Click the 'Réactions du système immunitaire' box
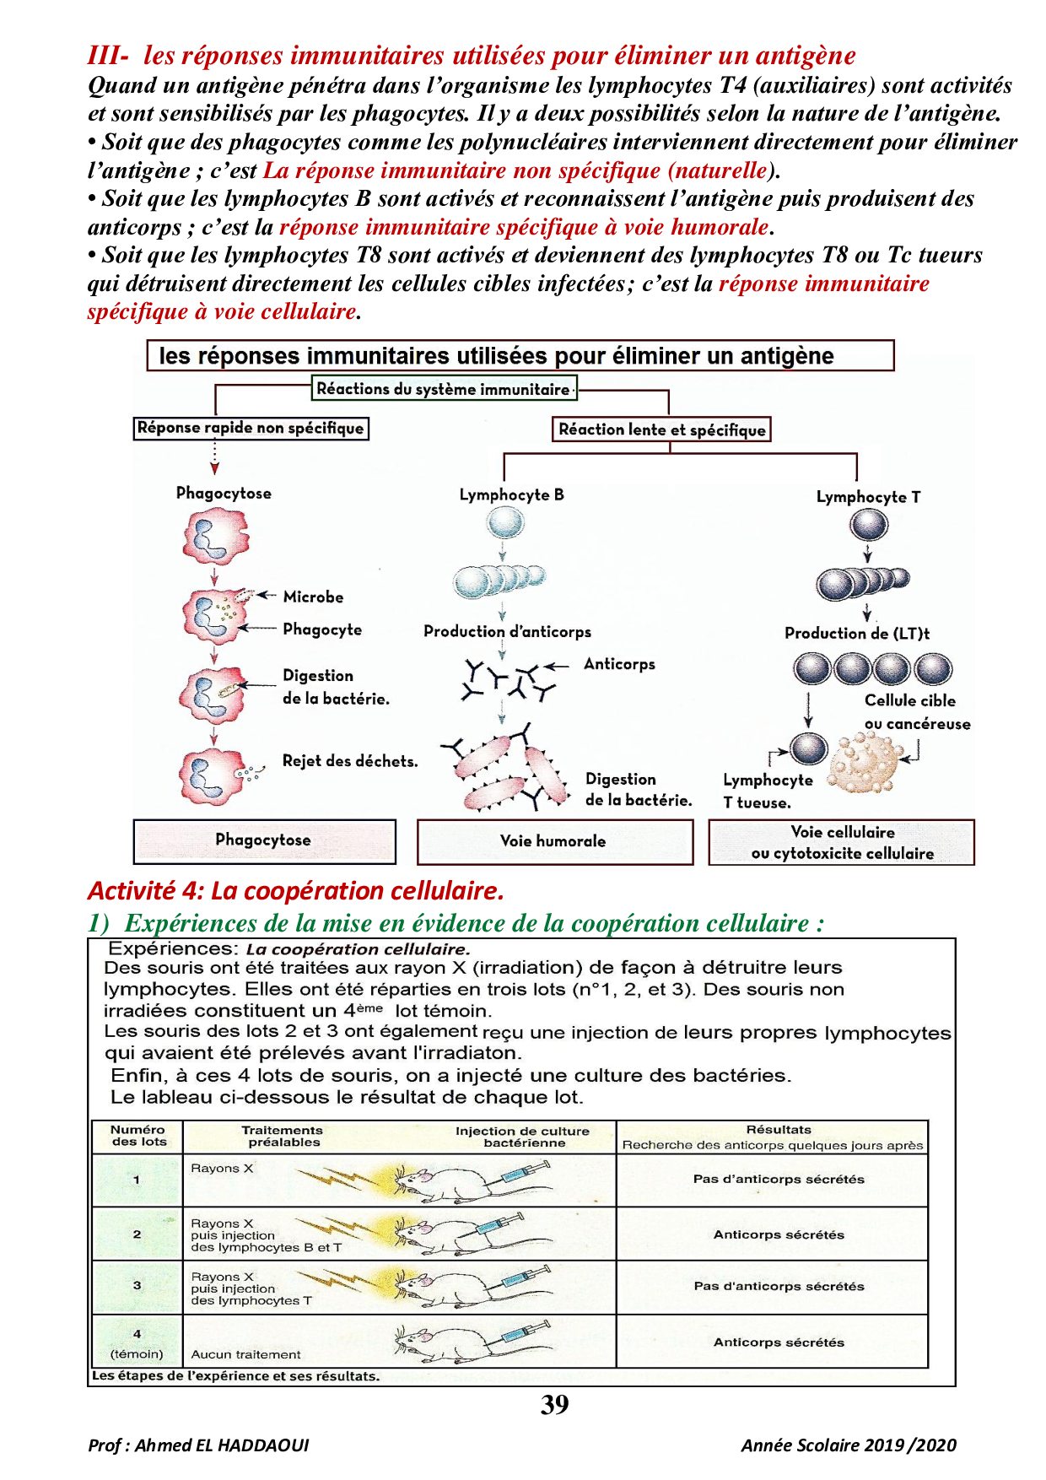[445, 389]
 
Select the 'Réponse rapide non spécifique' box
[251, 428]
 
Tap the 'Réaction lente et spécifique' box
[661, 429]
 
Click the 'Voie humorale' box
[553, 841]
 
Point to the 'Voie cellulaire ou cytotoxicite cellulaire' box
[842, 842]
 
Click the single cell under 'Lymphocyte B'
[504, 523]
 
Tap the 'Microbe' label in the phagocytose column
[313, 597]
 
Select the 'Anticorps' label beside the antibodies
[619, 664]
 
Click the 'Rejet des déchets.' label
[350, 761]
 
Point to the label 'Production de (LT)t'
[856, 633]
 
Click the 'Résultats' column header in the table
[778, 1130]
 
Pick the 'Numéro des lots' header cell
[138, 1136]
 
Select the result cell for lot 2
[778, 1234]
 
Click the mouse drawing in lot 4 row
[439, 1342]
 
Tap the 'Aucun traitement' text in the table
[245, 1354]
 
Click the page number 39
[554, 1405]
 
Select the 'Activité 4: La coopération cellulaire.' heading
[295, 891]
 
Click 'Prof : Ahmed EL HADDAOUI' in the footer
[198, 1445]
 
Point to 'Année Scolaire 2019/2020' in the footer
[849, 1445]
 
